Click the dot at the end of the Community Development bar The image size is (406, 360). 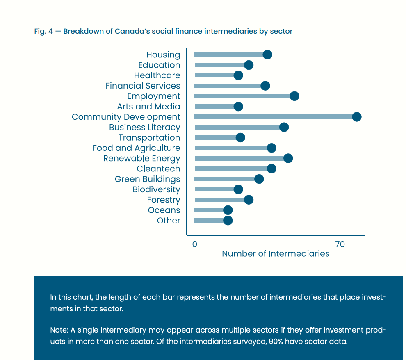tap(356, 117)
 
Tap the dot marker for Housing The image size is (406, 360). tap(267, 55)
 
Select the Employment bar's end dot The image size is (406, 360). tap(294, 96)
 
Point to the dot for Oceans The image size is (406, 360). tap(228, 210)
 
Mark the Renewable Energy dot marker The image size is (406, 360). tap(288, 158)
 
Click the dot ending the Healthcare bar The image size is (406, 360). tap(238, 75)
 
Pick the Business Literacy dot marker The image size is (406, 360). tap(284, 127)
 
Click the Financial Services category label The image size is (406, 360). tap(143, 86)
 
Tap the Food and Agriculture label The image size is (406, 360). tap(136, 148)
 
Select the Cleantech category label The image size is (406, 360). tap(158, 169)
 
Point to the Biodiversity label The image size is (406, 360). tap(156, 189)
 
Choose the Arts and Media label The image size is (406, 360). tap(148, 107)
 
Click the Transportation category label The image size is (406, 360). tap(149, 138)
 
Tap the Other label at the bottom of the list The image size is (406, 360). tap(169, 221)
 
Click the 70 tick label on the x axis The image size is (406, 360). tap(340, 244)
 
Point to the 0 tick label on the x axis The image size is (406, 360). tap(194, 244)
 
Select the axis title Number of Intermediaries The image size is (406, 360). tap(276, 253)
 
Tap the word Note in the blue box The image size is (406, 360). tap(58, 330)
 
